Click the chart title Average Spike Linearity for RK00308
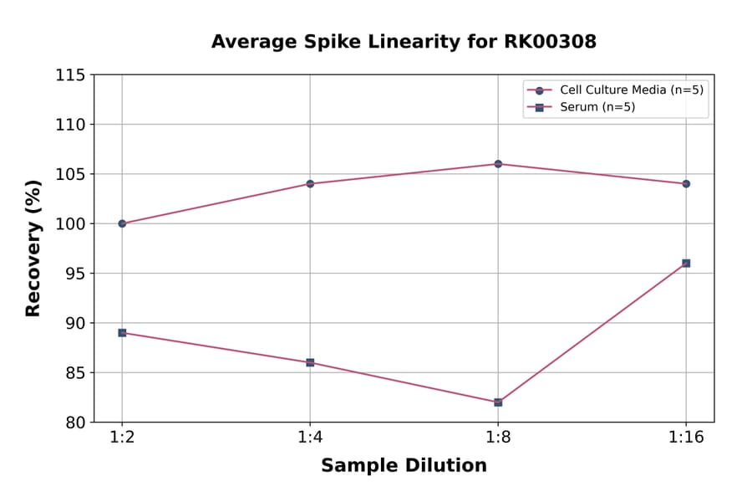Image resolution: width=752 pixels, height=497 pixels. (404, 42)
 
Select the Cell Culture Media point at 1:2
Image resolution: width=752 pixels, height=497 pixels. (122, 223)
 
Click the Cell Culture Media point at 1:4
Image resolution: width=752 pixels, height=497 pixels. (310, 183)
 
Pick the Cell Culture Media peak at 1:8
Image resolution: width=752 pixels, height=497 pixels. (498, 164)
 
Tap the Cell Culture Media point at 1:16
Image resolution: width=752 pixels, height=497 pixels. (686, 183)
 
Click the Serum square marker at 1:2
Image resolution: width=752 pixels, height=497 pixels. (122, 333)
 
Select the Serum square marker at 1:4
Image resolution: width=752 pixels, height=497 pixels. (310, 362)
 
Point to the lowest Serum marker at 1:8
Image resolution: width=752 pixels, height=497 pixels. (498, 402)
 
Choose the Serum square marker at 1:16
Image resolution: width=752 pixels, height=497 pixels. (686, 264)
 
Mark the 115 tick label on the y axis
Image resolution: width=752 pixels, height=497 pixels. (70, 75)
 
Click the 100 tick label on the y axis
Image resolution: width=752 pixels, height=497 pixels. (70, 224)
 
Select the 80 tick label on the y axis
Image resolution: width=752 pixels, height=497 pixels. (75, 423)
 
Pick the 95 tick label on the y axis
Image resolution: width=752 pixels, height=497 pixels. (75, 274)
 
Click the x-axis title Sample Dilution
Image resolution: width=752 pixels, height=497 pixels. (404, 466)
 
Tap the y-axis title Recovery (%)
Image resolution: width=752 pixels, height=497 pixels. (33, 248)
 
